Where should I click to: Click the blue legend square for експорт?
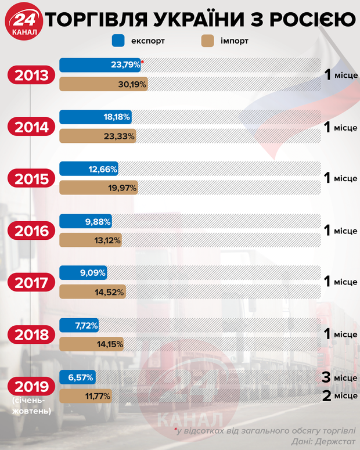[120, 41]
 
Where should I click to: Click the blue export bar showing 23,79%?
[101, 64]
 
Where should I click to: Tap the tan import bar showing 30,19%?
[104, 85]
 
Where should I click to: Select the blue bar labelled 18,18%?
[96, 117]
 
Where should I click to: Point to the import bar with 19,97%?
[99, 188]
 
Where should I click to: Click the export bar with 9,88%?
[86, 221]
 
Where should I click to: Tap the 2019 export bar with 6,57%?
[77, 377]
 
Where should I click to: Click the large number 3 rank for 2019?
[326, 377]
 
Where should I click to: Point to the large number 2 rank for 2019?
[326, 396]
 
